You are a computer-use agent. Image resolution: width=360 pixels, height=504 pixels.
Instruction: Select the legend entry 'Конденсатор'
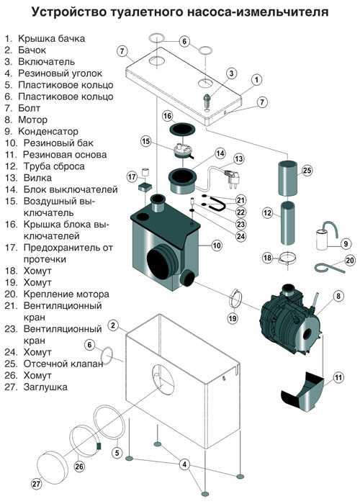(x=50, y=132)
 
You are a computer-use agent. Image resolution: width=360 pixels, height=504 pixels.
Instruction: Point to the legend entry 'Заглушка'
(x=45, y=387)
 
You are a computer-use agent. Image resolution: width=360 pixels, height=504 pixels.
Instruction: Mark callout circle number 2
(x=113, y=325)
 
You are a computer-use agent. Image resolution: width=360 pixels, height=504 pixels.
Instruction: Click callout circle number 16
(x=167, y=115)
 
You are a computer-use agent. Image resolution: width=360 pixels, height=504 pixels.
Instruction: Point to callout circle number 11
(x=339, y=375)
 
